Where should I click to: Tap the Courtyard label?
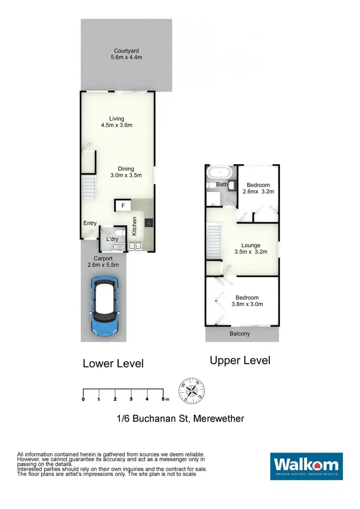[126, 54]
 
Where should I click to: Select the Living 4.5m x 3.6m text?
[116, 122]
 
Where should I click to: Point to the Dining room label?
[126, 172]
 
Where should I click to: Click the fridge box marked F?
[123, 206]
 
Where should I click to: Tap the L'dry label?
[112, 239]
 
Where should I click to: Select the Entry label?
[90, 223]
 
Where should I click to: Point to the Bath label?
[222, 184]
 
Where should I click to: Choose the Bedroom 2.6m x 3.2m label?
[258, 188]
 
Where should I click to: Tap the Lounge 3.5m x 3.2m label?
[251, 248]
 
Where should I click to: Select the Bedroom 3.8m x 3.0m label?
[247, 301]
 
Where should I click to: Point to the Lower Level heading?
[113, 363]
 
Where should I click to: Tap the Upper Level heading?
[240, 360]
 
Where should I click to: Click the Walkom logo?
[306, 466]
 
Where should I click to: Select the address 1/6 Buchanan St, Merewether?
[180, 418]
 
